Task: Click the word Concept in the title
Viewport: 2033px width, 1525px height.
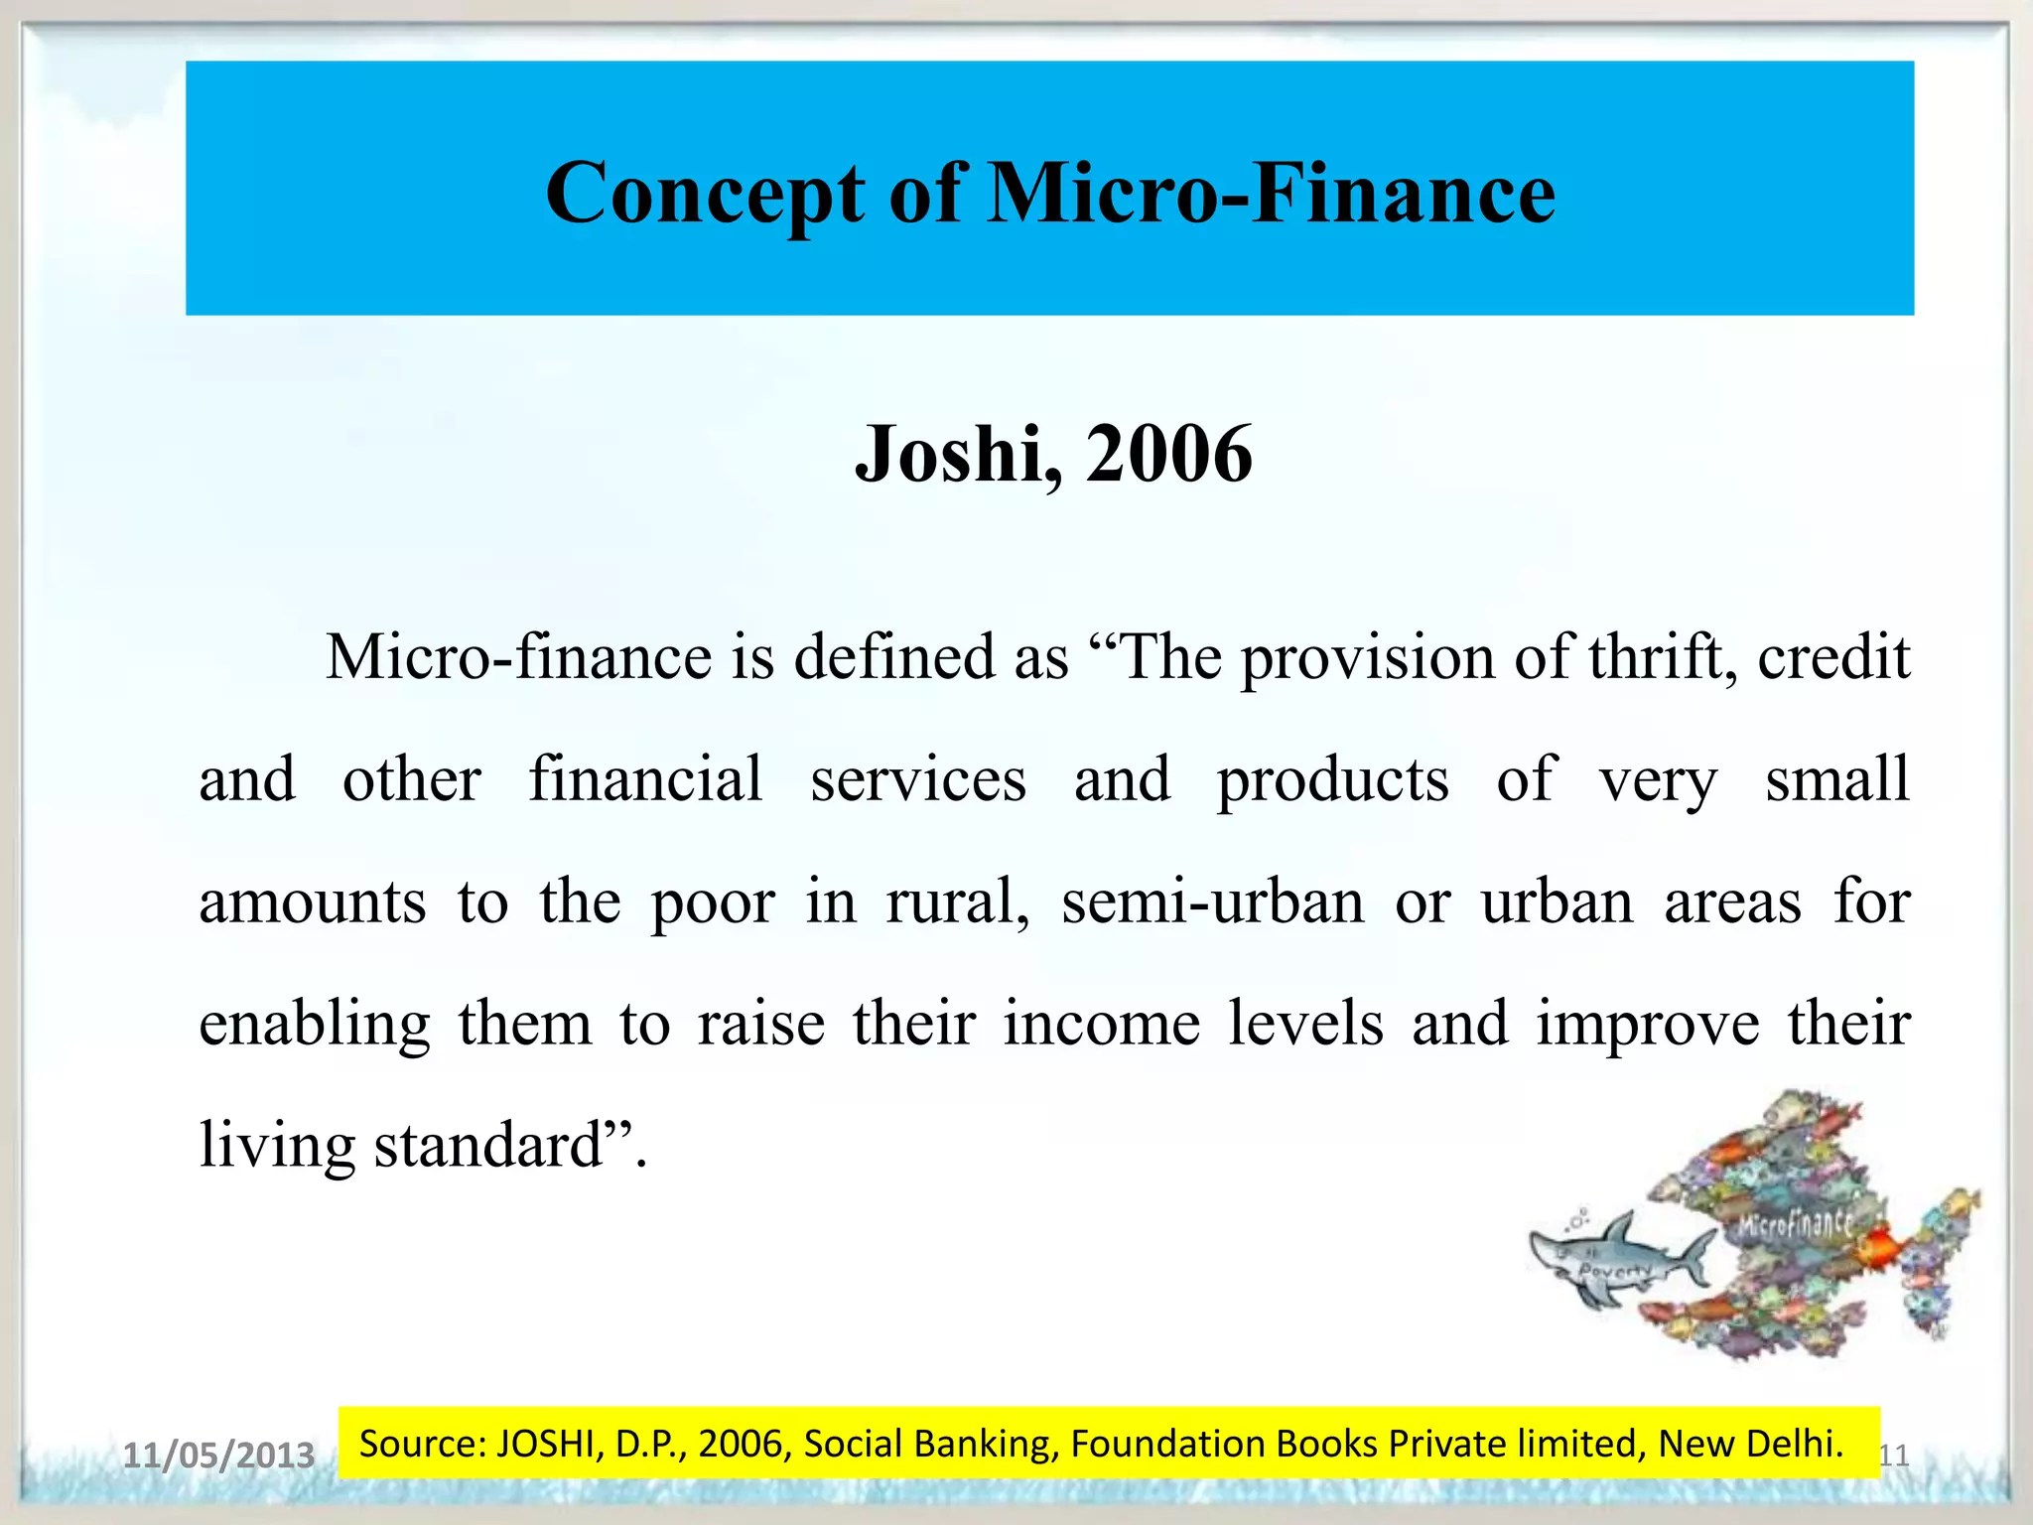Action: [x=705, y=194]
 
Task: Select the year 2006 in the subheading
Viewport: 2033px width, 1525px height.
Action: [x=1169, y=454]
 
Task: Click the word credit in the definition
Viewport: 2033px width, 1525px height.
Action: [x=1833, y=657]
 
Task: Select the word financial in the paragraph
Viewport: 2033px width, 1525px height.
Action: [x=645, y=779]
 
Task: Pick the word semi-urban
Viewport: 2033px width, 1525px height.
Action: [x=1213, y=901]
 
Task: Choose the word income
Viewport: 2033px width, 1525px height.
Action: [x=1101, y=1024]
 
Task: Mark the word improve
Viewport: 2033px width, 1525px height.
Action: [x=1647, y=1026]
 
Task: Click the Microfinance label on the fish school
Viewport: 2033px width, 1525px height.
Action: [x=1795, y=1224]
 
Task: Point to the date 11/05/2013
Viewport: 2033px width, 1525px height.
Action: [x=218, y=1456]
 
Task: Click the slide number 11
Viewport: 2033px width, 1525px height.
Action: [x=1894, y=1456]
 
